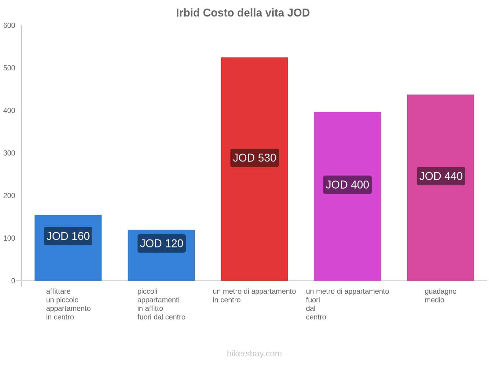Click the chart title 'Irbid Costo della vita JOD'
point(243,13)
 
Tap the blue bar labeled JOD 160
point(68,260)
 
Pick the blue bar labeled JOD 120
point(161,266)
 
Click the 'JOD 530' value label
point(254,158)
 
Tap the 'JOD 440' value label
point(441,176)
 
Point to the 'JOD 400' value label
point(347,185)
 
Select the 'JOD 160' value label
point(68,236)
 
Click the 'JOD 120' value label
point(161,243)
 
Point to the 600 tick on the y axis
point(9,26)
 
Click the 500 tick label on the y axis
point(9,68)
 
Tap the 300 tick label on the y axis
point(9,153)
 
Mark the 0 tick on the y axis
point(13,281)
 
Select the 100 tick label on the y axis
point(9,238)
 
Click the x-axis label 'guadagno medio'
point(440,296)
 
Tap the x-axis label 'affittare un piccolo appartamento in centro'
point(68,304)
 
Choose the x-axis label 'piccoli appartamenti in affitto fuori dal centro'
point(161,304)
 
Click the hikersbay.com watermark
point(254,354)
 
